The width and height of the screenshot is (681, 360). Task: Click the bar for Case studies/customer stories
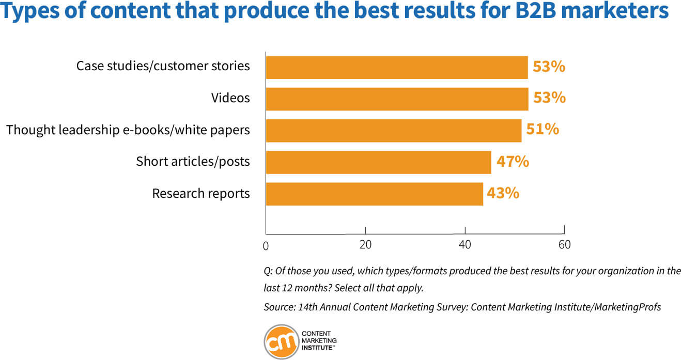(396, 68)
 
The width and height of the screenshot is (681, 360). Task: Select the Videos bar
(396, 99)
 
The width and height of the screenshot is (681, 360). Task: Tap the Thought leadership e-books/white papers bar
(393, 131)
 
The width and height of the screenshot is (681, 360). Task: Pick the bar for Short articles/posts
(378, 162)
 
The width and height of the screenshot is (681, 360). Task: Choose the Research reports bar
(374, 194)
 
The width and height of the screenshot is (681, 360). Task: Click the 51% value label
(543, 129)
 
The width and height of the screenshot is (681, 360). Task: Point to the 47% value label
(513, 162)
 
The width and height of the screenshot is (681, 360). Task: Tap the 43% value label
(503, 193)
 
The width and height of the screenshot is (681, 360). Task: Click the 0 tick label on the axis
(266, 246)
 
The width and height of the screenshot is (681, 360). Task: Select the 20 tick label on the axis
(365, 245)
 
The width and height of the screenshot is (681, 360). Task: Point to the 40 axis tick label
(465, 245)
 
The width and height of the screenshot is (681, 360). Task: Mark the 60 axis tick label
(565, 245)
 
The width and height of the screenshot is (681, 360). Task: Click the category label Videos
(230, 98)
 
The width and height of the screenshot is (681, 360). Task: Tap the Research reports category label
(201, 194)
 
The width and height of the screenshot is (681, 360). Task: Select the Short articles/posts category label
(193, 162)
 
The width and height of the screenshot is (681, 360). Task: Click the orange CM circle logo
(282, 341)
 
